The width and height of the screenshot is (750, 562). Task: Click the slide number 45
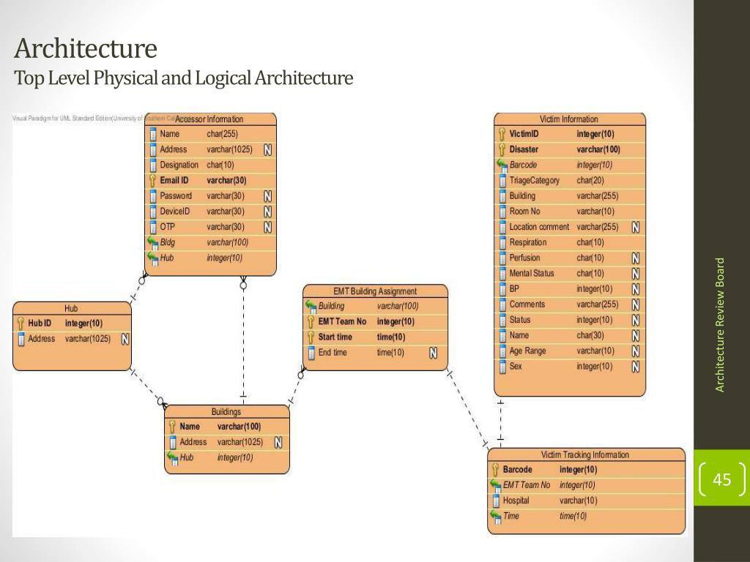(721, 480)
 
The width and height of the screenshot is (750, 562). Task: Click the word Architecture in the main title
(86, 49)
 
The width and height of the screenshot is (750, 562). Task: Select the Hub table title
(71, 308)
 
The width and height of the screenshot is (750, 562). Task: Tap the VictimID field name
(524, 134)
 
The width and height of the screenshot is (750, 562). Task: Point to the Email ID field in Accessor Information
(174, 180)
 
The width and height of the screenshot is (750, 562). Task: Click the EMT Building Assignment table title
(374, 291)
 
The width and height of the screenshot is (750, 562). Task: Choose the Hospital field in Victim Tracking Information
(516, 501)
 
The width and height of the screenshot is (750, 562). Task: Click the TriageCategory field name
(534, 180)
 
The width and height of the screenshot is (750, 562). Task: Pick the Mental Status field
(532, 273)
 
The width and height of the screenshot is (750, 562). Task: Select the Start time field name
(335, 337)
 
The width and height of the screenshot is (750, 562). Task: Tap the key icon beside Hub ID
(21, 323)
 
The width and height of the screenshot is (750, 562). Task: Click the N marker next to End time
(433, 353)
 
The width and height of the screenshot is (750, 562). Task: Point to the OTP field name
(167, 226)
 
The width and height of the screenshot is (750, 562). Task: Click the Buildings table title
(226, 412)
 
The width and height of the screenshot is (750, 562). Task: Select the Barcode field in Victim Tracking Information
(517, 469)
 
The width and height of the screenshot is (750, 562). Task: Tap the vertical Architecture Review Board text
(720, 324)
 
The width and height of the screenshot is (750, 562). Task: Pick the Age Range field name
(527, 351)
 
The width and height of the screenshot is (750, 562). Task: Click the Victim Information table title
(568, 119)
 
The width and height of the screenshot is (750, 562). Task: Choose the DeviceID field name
(175, 211)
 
